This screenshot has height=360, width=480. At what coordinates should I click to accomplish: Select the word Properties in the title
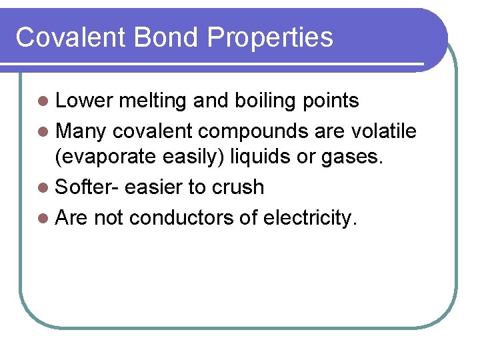coord(270,37)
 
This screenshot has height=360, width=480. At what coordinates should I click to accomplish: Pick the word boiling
coord(256,101)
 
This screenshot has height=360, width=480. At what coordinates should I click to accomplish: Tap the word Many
coord(80,131)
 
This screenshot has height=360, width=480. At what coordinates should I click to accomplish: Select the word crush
coord(238,187)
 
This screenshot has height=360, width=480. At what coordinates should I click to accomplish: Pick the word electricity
coord(310,217)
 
